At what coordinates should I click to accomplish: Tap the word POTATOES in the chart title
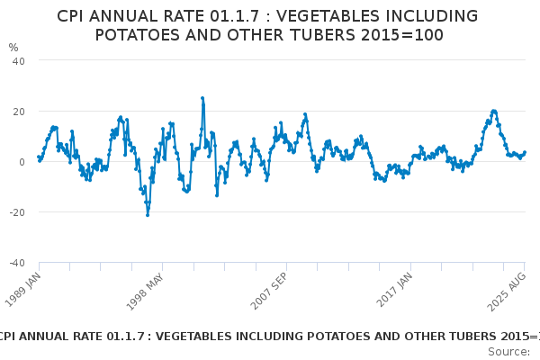[137, 35]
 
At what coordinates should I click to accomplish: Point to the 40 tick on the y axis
[18, 60]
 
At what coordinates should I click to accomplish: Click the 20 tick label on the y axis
[18, 111]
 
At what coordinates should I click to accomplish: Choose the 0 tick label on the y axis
[22, 162]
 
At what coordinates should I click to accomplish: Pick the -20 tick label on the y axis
[16, 212]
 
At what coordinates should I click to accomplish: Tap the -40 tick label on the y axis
[16, 263]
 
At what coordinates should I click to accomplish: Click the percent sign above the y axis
[13, 47]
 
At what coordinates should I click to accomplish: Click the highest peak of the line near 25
[202, 98]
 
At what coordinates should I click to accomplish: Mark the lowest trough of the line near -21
[148, 215]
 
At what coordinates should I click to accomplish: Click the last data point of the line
[525, 153]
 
